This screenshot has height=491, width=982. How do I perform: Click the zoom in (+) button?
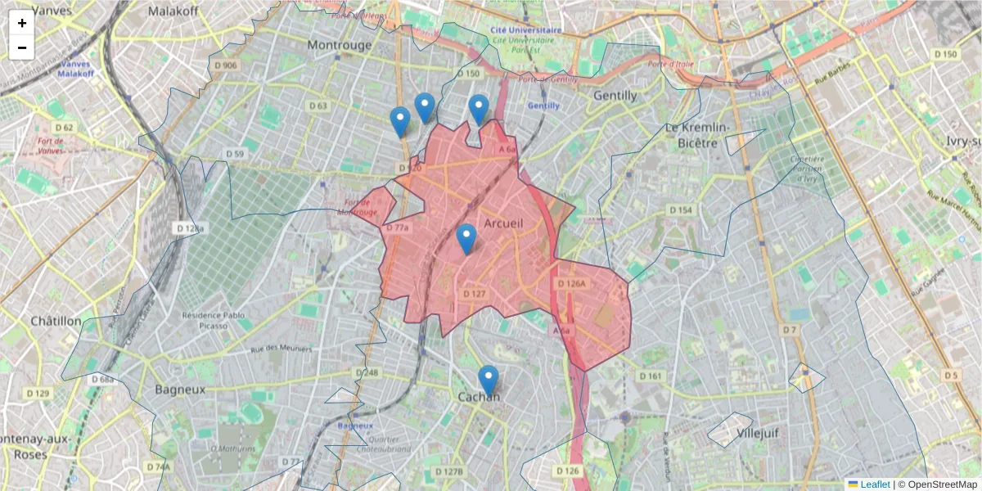[x=22, y=23]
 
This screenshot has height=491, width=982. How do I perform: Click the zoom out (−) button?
[x=22, y=47]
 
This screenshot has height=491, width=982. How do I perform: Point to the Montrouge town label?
[x=339, y=45]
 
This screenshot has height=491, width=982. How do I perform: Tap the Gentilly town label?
[x=615, y=96]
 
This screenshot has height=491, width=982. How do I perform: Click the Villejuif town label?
[x=756, y=432]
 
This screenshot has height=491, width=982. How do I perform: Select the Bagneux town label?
[x=181, y=390]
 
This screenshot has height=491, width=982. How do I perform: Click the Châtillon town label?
[x=56, y=321]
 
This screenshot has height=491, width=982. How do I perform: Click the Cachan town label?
[x=479, y=397]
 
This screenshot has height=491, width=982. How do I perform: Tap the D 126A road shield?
[x=572, y=284]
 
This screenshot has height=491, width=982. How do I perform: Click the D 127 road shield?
[x=475, y=293]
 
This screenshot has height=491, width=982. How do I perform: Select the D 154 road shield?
[x=681, y=210]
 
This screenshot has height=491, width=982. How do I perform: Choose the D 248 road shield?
[x=368, y=373]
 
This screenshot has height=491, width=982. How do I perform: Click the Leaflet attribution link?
[x=875, y=484]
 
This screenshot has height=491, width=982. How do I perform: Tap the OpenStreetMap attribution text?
[x=941, y=484]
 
